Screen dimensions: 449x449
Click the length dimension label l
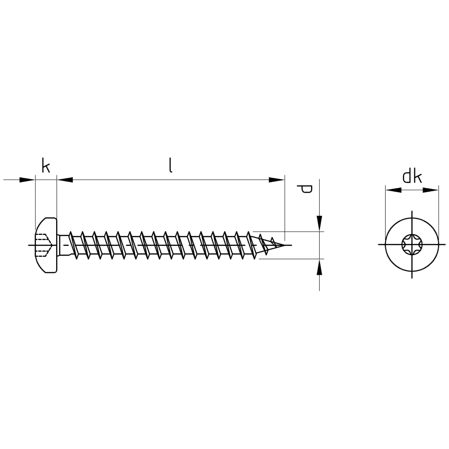171,166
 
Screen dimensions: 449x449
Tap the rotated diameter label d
304,189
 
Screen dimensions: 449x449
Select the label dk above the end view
412,177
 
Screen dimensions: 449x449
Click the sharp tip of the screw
285,245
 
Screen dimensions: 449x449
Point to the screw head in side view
46,245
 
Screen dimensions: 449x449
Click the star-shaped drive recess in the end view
412,245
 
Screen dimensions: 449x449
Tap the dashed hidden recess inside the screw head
43,245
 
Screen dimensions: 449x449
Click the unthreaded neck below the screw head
63,245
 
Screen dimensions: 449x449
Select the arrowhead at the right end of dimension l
277,180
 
